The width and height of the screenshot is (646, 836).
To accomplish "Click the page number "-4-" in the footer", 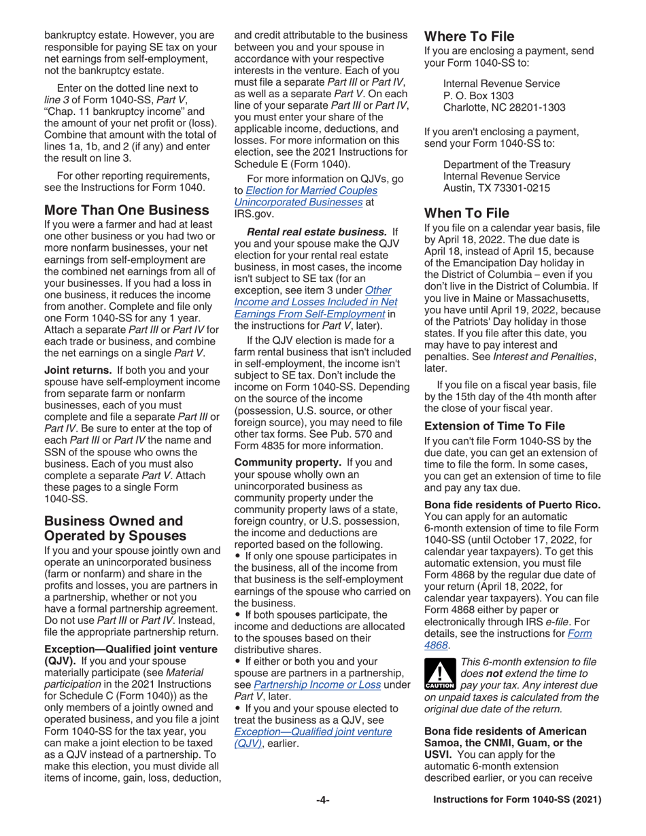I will pos(323,800).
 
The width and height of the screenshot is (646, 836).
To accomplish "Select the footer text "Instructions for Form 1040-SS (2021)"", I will pos(517,800).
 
